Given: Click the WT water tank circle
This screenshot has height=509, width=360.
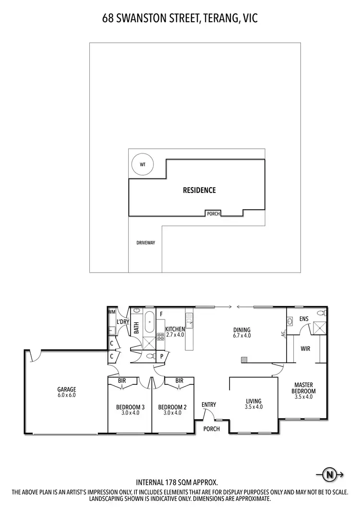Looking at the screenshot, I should pyautogui.click(x=142, y=164).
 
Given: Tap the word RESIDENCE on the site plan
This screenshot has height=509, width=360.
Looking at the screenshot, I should pyautogui.click(x=199, y=190).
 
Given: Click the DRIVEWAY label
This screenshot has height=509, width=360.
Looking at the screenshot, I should pyautogui.click(x=145, y=243).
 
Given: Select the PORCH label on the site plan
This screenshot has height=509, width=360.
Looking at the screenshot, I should pyautogui.click(x=213, y=214).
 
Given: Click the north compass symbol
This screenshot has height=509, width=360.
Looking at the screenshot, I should pyautogui.click(x=329, y=475).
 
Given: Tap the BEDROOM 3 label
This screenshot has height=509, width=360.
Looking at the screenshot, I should pyautogui.click(x=130, y=407).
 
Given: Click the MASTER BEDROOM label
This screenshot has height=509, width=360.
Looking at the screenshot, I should pyautogui.click(x=304, y=388).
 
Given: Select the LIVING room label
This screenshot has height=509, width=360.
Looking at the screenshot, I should pyautogui.click(x=253, y=401).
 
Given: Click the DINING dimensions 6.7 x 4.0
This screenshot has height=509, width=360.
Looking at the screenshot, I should pyautogui.click(x=242, y=336).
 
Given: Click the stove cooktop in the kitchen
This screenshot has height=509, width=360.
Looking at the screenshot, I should pyautogui.click(x=160, y=336).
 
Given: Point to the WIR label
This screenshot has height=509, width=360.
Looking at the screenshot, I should pyautogui.click(x=305, y=349).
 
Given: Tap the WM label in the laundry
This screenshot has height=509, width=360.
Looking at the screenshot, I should pyautogui.click(x=112, y=312).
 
